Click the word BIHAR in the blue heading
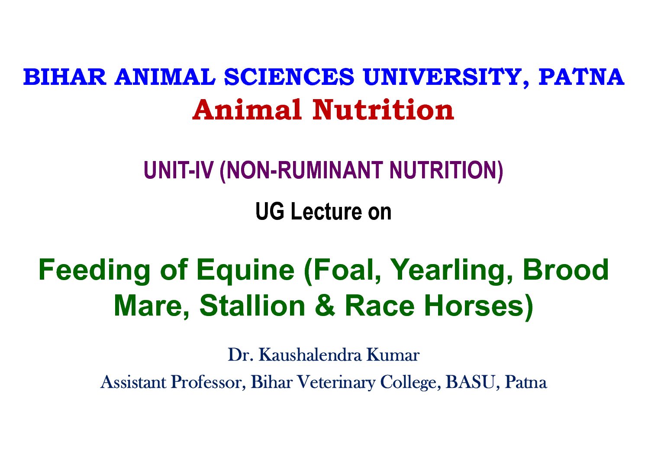(65, 77)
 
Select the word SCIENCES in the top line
(289, 77)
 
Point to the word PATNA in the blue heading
(581, 77)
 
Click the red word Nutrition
(383, 110)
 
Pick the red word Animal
(247, 110)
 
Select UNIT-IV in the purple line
(178, 170)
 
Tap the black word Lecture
(326, 212)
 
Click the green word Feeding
(94, 270)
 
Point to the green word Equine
(245, 270)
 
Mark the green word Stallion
(252, 306)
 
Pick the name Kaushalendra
(310, 355)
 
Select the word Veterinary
(336, 383)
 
